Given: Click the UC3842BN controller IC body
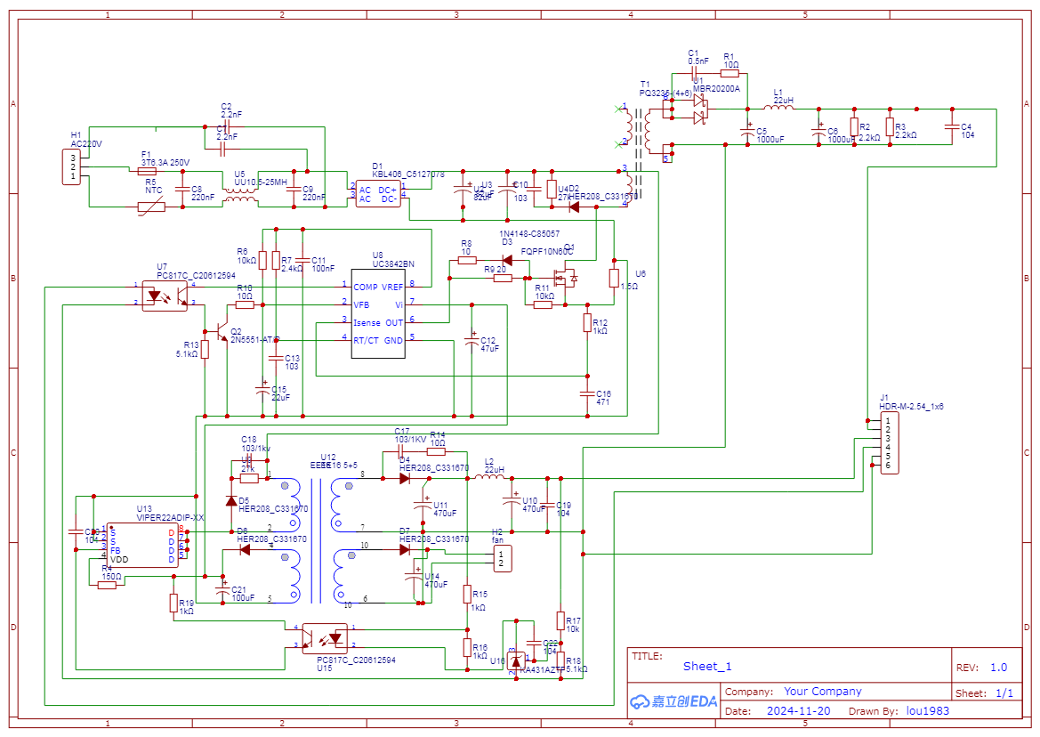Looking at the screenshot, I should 378,313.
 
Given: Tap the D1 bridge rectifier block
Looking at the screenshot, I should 375,194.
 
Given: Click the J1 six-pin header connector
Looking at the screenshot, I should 889,442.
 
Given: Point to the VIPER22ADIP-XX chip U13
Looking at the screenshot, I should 142,545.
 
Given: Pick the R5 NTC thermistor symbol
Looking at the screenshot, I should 151,207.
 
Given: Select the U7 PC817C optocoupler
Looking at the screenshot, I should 165,295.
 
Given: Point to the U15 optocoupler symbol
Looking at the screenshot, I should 325,637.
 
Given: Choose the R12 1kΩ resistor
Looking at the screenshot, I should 587,322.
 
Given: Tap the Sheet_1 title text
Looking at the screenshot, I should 707,666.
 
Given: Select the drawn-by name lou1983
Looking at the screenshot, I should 928,711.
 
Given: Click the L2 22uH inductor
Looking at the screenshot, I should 488,478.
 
